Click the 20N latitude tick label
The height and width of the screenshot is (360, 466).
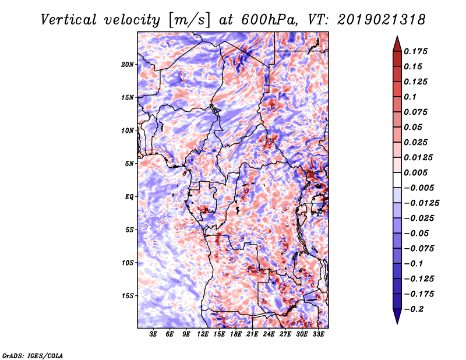[128, 64]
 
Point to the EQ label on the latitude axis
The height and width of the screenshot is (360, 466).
[129, 196]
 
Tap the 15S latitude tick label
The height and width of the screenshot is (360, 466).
[128, 295]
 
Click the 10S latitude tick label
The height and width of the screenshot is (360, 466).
[128, 262]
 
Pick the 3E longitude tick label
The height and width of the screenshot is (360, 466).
[154, 334]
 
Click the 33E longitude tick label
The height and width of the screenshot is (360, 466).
[319, 334]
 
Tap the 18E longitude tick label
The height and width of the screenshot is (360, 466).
[236, 334]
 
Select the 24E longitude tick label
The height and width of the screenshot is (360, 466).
[269, 334]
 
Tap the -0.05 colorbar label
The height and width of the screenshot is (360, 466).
[416, 233]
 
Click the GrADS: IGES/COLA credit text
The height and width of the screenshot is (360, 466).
[32, 355]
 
